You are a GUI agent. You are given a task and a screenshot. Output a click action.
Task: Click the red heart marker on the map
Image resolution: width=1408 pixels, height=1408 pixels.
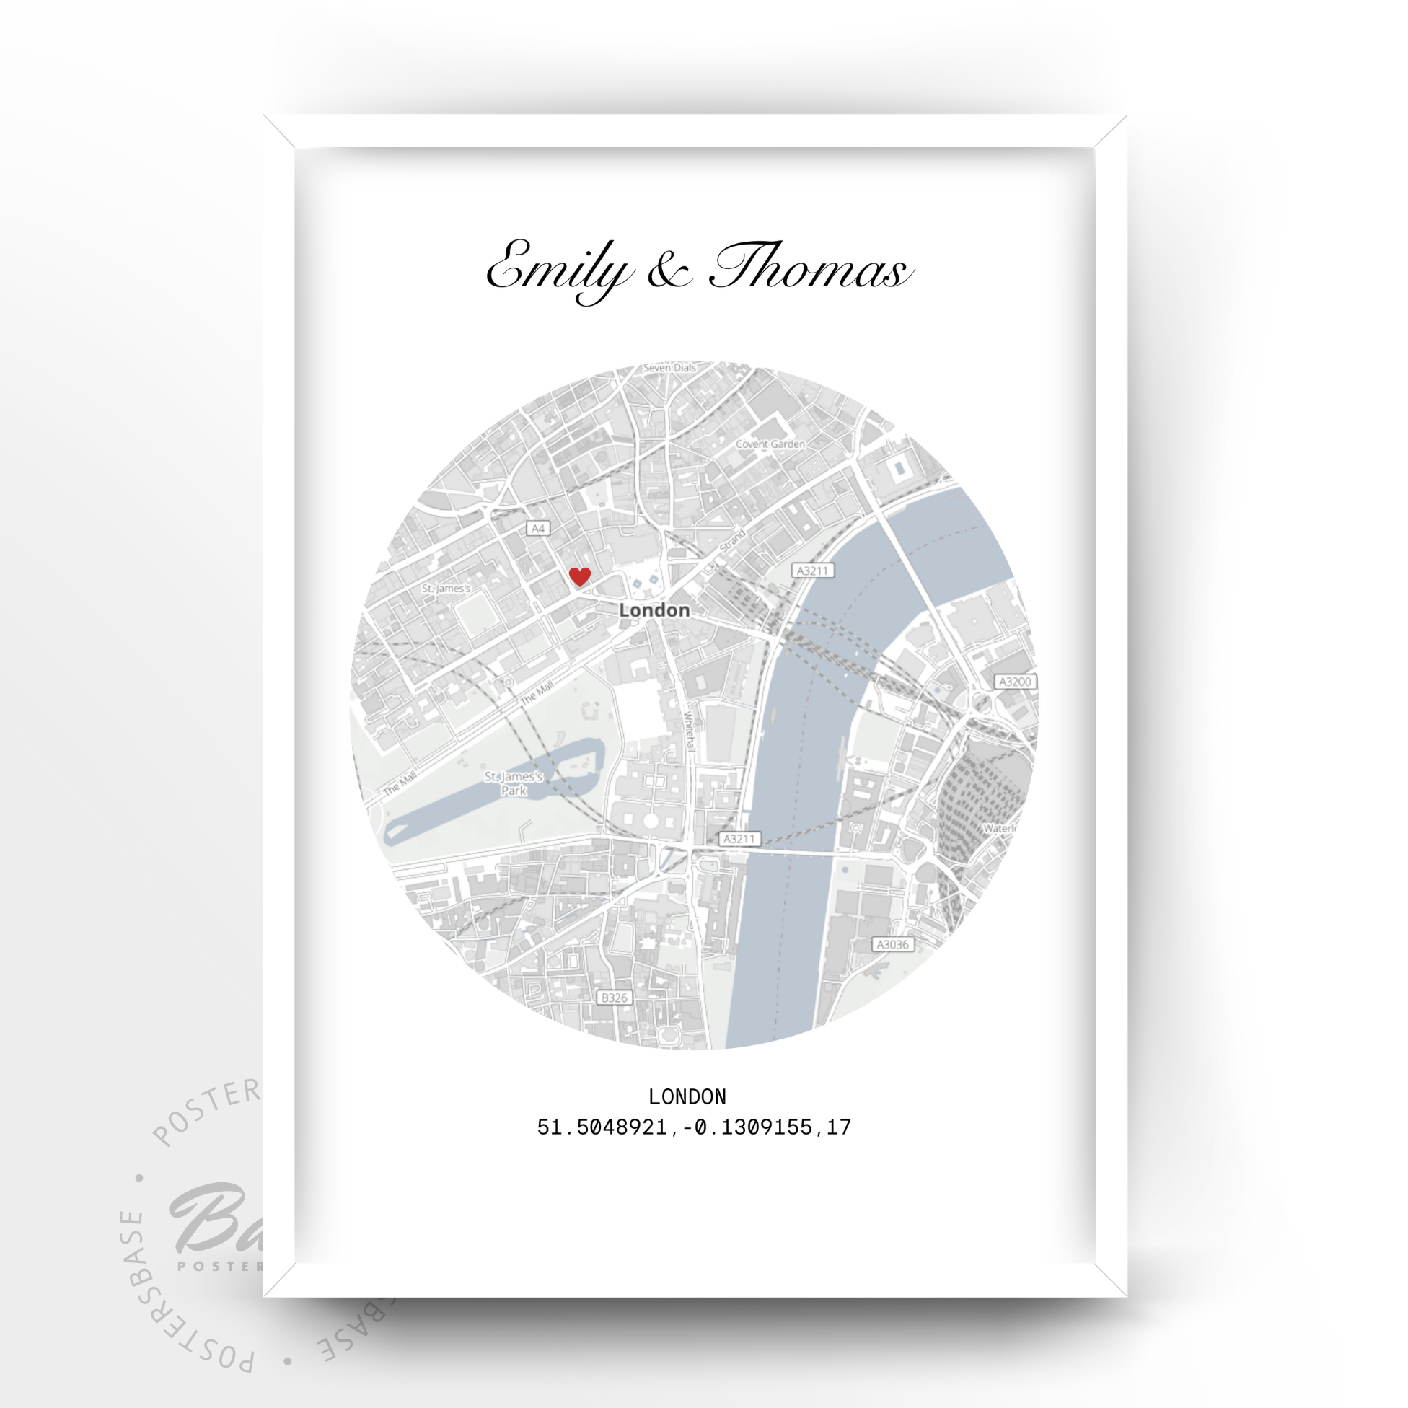point(579,576)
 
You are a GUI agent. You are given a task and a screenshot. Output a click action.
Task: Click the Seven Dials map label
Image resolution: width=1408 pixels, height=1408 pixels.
point(669,368)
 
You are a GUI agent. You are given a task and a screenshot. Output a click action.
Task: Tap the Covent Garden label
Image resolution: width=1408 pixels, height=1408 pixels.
point(770,444)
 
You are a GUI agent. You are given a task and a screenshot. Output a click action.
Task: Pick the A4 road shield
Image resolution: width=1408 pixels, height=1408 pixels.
point(538,529)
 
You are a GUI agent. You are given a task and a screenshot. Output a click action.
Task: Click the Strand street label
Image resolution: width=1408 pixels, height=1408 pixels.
point(732,540)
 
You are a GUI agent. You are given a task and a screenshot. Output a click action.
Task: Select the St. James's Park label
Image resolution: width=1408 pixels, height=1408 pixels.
point(514,783)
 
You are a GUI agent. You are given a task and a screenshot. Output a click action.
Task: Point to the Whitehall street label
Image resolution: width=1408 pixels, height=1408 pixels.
point(689,731)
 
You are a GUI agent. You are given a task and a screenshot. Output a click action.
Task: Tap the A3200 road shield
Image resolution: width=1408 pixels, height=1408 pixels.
point(1015,682)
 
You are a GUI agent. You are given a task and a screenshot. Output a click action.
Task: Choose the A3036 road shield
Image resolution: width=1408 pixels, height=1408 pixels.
point(893,944)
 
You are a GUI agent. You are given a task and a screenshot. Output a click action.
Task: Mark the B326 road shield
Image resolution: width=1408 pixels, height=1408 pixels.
point(614,998)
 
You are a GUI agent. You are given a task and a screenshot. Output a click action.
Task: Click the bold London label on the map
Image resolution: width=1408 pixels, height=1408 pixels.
point(654,610)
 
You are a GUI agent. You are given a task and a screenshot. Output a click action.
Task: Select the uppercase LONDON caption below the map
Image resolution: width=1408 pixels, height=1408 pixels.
point(687,1097)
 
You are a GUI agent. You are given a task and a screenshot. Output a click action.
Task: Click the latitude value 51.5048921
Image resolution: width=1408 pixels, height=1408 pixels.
point(602,1127)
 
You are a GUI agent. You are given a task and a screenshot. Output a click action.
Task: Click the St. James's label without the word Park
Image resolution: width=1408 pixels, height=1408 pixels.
point(446,588)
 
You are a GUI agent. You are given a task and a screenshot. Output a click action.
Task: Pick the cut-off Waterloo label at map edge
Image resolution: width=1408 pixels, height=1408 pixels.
point(999,829)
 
